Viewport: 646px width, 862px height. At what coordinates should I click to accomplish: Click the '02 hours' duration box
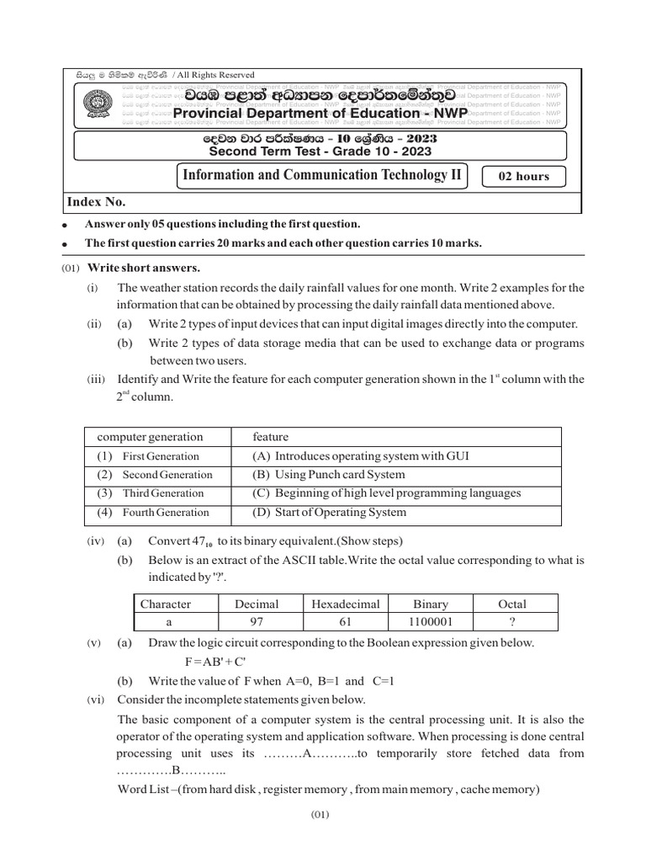pyautogui.click(x=524, y=176)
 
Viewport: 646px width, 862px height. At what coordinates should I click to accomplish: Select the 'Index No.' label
pyautogui.click(x=97, y=201)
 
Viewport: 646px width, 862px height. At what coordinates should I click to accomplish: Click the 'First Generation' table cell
pyautogui.click(x=160, y=456)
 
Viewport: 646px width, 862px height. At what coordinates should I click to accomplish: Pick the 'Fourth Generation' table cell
pyautogui.click(x=165, y=512)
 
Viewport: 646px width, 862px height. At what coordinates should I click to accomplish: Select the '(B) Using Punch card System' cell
pyautogui.click(x=328, y=475)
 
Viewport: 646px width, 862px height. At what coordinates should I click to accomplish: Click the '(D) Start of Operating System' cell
pyautogui.click(x=329, y=512)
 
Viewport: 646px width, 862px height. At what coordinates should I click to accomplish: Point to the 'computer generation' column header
pyautogui.click(x=150, y=437)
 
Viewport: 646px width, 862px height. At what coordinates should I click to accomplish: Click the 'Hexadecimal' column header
pyautogui.click(x=346, y=604)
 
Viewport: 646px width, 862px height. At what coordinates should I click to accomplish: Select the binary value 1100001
pyautogui.click(x=431, y=621)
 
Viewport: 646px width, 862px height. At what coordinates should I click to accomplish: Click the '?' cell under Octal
pyautogui.click(x=512, y=621)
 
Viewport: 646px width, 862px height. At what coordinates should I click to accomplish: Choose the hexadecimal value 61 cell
pyautogui.click(x=346, y=621)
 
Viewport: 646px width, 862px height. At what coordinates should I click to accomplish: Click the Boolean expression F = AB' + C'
pyautogui.click(x=222, y=661)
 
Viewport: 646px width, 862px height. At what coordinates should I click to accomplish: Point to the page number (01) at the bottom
pyautogui.click(x=322, y=815)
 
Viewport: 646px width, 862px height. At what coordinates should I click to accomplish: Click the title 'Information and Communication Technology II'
pyautogui.click(x=321, y=175)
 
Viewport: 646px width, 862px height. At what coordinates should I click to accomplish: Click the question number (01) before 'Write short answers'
pyautogui.click(x=71, y=269)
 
